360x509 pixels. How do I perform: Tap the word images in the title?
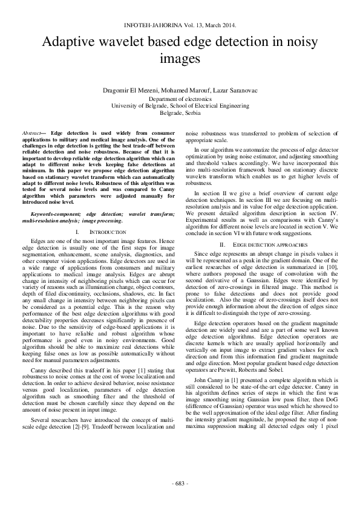click(x=180, y=59)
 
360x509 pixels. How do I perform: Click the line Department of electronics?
click(x=180, y=98)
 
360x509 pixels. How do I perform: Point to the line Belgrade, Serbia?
click(x=180, y=112)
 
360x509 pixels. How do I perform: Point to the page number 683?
click(x=180, y=484)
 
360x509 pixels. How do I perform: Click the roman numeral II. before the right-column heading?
click(x=222, y=244)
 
